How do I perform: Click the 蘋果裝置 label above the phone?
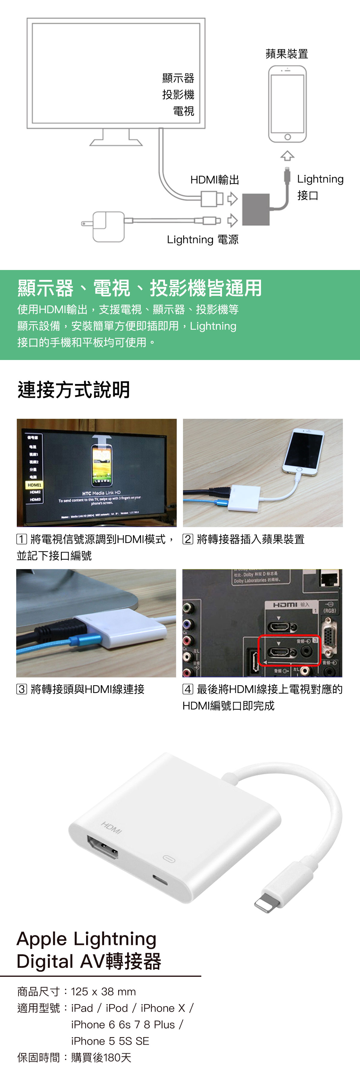click(x=287, y=54)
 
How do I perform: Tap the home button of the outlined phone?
click(x=287, y=137)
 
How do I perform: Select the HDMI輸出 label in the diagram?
click(x=214, y=180)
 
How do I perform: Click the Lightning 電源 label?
click(x=202, y=239)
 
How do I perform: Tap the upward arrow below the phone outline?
click(x=287, y=156)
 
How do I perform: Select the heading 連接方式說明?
click(x=74, y=389)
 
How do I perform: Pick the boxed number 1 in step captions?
click(x=22, y=539)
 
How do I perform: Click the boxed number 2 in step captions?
click(x=188, y=539)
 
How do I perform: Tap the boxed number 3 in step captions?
click(x=22, y=689)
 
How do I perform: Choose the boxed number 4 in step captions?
click(x=188, y=689)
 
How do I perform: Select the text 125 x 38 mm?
click(x=103, y=991)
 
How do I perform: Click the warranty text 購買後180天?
click(x=101, y=1057)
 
